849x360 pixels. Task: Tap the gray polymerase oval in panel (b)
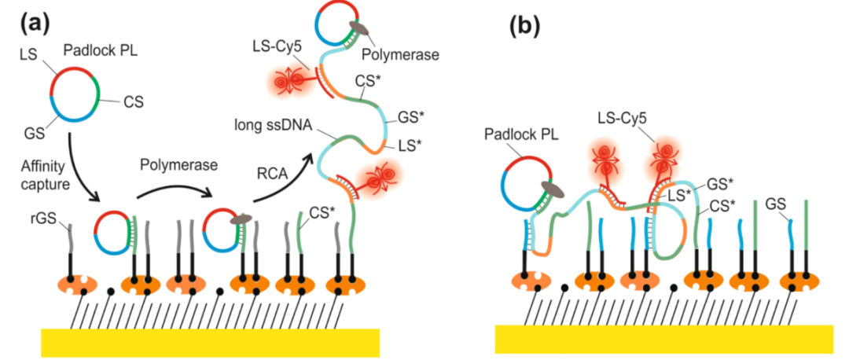pos(556,189)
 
